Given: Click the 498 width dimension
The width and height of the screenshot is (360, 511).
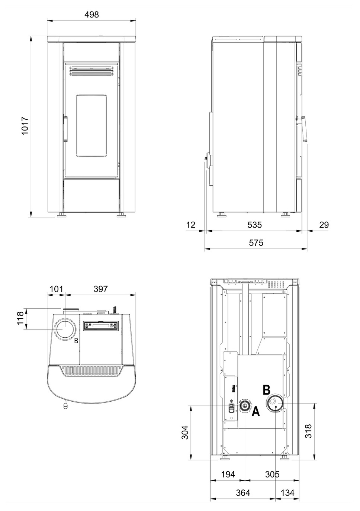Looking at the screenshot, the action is pos(91,15).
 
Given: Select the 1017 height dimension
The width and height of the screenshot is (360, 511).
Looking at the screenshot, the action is pos(25,126).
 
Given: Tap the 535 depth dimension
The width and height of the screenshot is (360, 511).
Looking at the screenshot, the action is pos(254,225).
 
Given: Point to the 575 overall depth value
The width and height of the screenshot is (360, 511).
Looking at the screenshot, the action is pos(256,242).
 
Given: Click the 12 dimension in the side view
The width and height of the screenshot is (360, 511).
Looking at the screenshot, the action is pos(191,225).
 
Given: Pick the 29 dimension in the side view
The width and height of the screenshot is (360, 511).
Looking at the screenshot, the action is pos(324,225).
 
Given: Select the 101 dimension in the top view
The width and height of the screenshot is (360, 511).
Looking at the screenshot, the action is pos(56,289).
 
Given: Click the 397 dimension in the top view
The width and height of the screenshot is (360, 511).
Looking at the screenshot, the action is pos(100,289).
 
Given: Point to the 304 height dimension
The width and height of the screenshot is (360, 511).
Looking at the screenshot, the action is pos(184,432).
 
